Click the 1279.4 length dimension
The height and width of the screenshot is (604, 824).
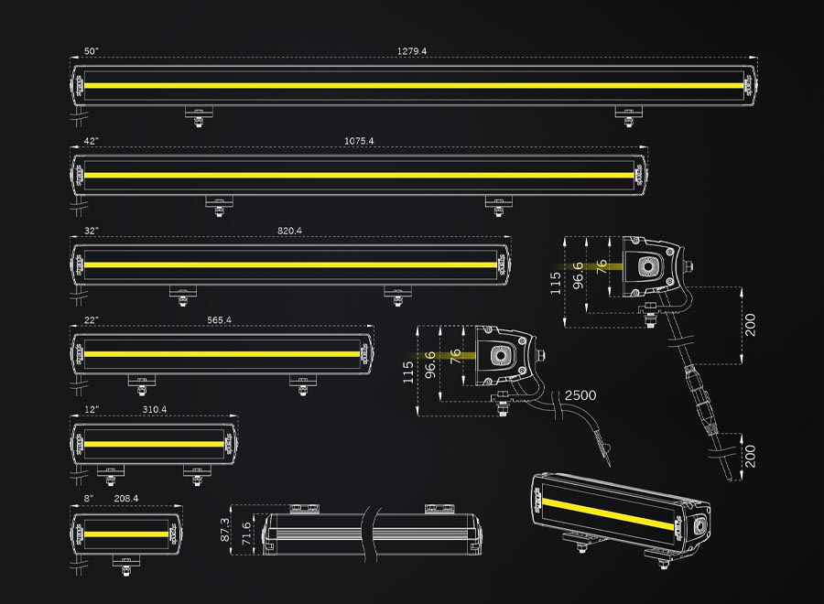tap(412, 51)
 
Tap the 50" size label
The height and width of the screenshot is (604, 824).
tap(91, 51)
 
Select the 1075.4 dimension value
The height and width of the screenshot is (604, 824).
tap(359, 141)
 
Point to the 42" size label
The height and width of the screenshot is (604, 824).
tap(91, 141)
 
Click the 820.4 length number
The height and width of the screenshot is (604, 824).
tap(289, 231)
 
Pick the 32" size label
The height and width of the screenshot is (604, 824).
tap(91, 231)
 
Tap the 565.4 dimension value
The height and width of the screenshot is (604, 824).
tap(220, 320)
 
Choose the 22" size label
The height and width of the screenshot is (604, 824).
tap(91, 320)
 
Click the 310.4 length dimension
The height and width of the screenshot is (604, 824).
tap(155, 409)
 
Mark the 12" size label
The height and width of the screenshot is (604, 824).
tap(91, 409)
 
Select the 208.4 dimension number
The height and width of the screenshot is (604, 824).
tap(126, 499)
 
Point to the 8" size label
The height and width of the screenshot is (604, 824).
tap(89, 499)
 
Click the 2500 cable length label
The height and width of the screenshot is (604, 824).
tap(580, 395)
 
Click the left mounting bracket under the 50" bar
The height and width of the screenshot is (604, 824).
tap(197, 113)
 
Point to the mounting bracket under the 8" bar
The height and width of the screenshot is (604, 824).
tap(125, 562)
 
